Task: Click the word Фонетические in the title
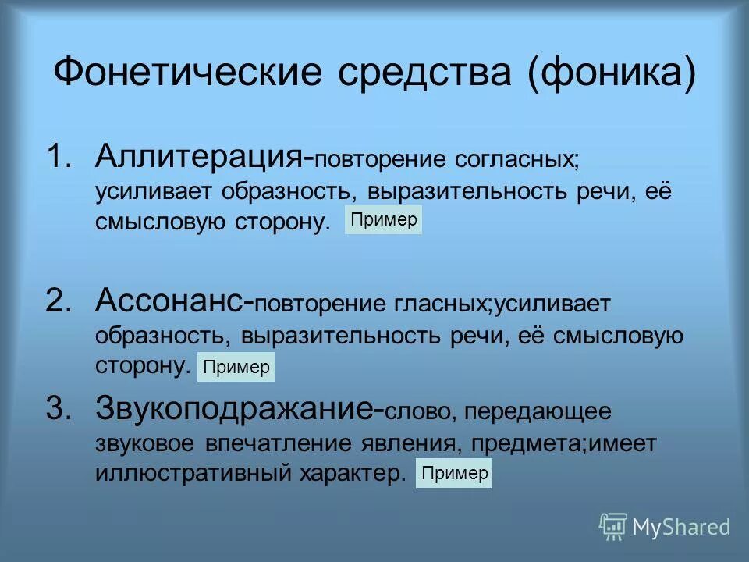point(187,73)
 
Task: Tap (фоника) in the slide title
point(611,73)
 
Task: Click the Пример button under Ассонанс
point(236,366)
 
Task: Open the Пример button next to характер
point(454,473)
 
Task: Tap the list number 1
point(59,155)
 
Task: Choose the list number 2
point(59,300)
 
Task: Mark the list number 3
point(59,407)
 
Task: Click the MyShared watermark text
point(681,527)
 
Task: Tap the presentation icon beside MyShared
point(613,526)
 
